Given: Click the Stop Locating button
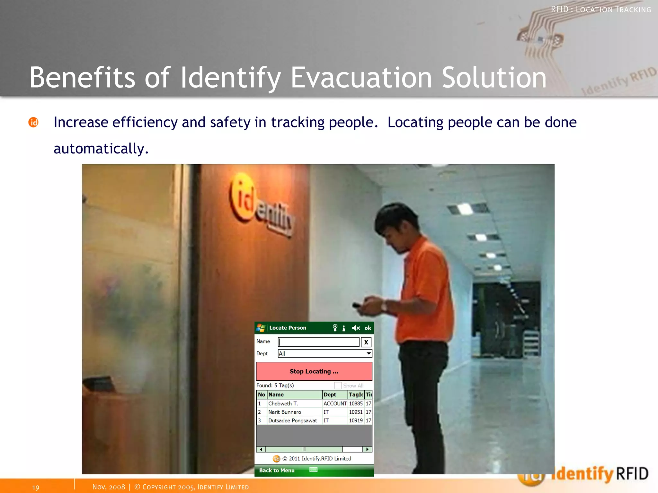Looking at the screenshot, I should click(x=314, y=371).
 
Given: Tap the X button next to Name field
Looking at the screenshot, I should click(x=366, y=342).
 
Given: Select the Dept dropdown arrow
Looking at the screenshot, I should click(x=369, y=353).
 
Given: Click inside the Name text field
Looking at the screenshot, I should click(x=318, y=342).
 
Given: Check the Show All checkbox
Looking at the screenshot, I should click(x=338, y=385).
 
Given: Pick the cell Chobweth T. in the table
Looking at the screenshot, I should click(x=283, y=404).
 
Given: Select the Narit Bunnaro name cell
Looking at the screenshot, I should click(x=285, y=412).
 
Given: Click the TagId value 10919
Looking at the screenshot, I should click(x=356, y=420).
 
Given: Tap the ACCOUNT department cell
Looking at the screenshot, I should click(x=335, y=404).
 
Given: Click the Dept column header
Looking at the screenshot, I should click(x=330, y=395).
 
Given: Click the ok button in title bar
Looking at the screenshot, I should click(x=368, y=328).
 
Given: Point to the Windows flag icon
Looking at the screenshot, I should click(x=261, y=328).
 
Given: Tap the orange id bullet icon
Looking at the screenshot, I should click(x=33, y=122).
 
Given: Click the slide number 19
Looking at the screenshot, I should click(x=36, y=487).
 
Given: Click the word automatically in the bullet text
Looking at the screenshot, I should click(x=101, y=149).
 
